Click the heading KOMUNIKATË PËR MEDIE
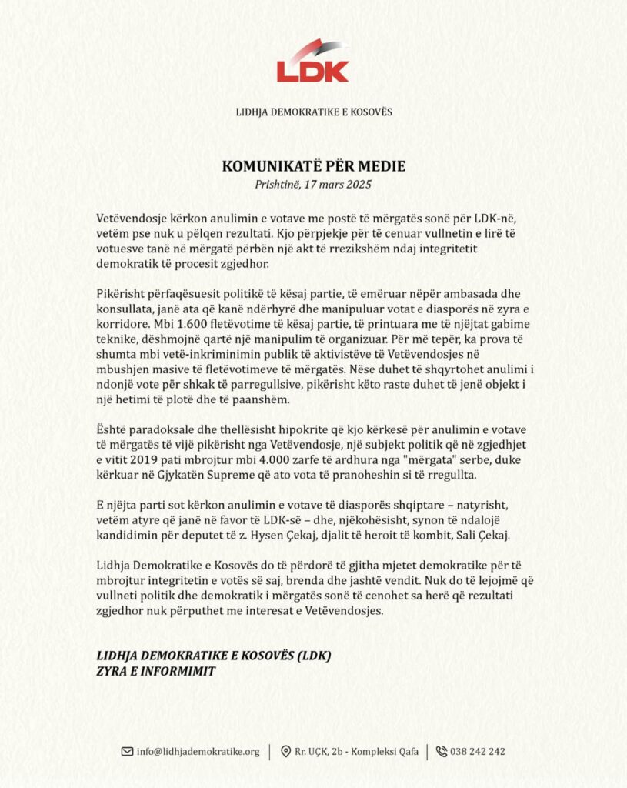click(x=313, y=167)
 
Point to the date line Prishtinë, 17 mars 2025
click(x=313, y=184)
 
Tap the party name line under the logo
click(x=313, y=112)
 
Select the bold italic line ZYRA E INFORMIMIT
click(x=156, y=670)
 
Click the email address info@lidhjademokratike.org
click(x=198, y=751)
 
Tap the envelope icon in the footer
click(x=127, y=751)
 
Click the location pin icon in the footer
click(x=285, y=751)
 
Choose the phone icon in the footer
click(x=442, y=751)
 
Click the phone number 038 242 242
click(x=479, y=751)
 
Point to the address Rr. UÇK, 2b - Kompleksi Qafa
click(x=356, y=751)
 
